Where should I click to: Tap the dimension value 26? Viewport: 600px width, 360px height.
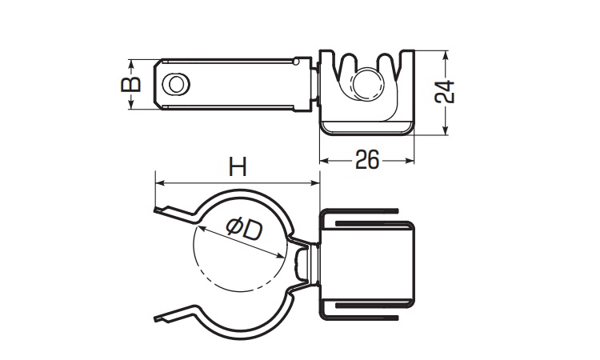(366, 160)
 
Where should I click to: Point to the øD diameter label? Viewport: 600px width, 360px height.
(243, 230)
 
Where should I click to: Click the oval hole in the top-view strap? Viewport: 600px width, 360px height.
(177, 83)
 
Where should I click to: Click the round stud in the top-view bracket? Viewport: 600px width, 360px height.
(369, 82)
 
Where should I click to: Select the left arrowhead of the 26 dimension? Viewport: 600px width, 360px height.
(323, 161)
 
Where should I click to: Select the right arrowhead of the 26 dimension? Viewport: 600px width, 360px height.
(412, 161)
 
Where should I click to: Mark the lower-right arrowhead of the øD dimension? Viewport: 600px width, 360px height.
(284, 255)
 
